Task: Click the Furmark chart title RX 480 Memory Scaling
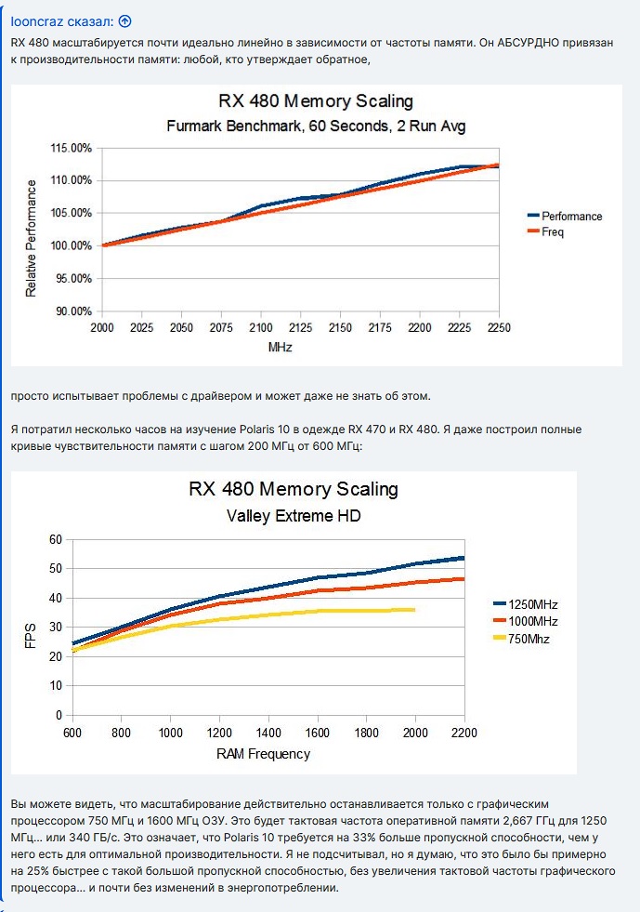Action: point(316,101)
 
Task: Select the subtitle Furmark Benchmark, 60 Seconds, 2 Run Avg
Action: point(316,126)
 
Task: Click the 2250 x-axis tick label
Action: point(500,328)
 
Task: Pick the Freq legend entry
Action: point(553,232)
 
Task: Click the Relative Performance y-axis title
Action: point(32,230)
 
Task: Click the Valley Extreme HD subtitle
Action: point(294,515)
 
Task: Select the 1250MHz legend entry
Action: point(527,604)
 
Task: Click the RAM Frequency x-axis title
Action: point(263,753)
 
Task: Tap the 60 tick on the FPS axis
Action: point(55,539)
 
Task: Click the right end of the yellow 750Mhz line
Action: point(413,610)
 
